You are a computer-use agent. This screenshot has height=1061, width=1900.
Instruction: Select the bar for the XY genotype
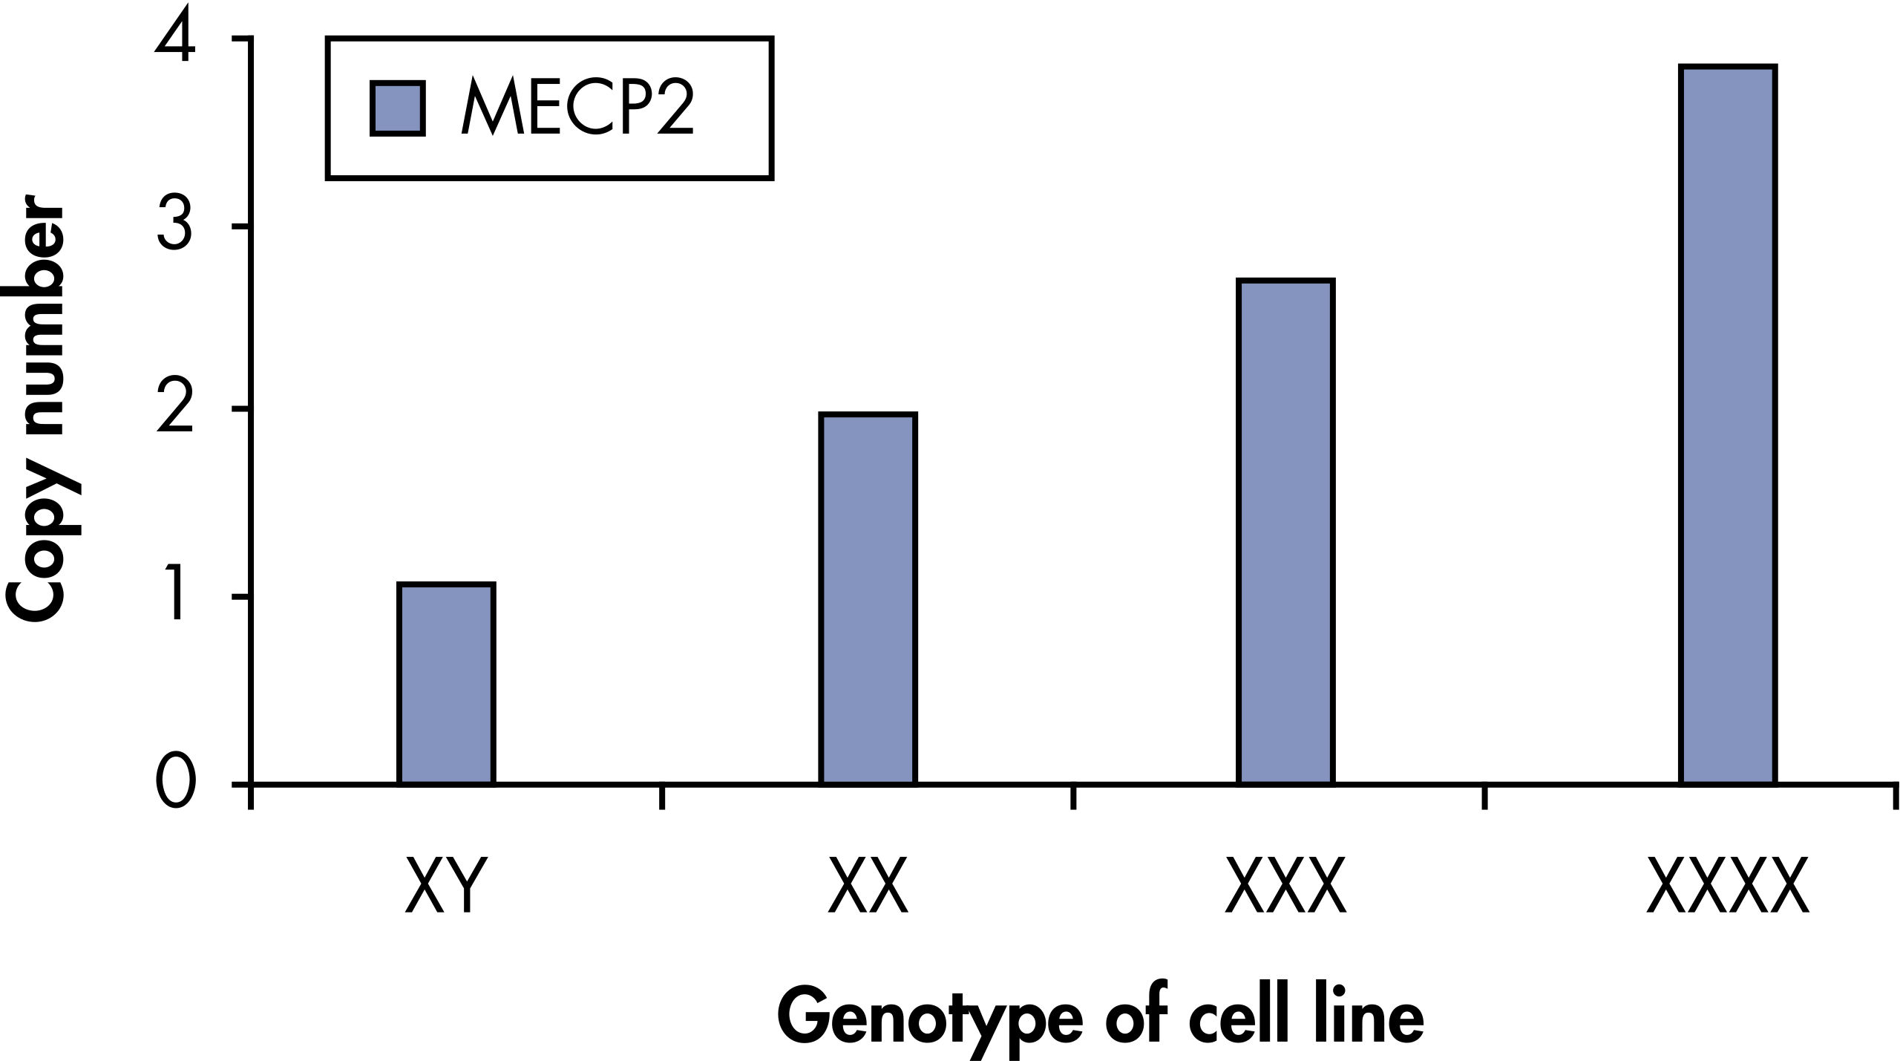coord(446,683)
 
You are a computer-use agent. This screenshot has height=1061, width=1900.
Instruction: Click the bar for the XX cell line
coord(868,598)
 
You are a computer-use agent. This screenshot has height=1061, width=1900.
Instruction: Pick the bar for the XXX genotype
coord(1285,531)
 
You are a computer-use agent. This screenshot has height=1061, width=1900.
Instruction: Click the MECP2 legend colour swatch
coord(398,108)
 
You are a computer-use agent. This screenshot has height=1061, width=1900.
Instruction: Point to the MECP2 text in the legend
coord(577,109)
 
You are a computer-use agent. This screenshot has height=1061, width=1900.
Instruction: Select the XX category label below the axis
coord(868,887)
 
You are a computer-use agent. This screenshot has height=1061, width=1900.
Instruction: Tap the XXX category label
coord(1285,887)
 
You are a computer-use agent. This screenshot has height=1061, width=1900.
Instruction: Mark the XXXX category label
coord(1727,887)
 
